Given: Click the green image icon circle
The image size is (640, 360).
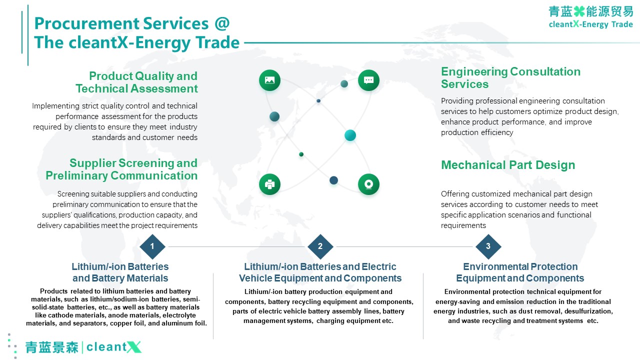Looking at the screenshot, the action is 269,80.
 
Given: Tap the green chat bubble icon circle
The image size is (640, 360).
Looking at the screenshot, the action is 368,80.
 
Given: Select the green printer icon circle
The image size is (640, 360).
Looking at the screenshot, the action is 269,184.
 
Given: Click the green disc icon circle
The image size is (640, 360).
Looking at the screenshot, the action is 368,184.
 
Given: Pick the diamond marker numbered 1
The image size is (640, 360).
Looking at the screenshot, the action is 152,246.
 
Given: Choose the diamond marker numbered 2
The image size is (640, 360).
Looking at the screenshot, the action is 320,246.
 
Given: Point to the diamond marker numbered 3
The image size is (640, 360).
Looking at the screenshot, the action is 488,246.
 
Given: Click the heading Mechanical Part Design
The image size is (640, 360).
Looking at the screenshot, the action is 508,165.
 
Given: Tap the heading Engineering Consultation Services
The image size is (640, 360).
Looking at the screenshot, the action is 510,77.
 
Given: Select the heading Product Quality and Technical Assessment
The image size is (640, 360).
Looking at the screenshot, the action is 136,82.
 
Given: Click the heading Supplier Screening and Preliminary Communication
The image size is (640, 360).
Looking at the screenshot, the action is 121,169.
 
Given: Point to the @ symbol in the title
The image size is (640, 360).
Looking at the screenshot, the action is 222,23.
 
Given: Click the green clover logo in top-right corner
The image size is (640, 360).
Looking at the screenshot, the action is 579,11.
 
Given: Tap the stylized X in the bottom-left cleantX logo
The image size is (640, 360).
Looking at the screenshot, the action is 133,347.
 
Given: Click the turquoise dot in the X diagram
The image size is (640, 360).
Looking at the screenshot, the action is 350,135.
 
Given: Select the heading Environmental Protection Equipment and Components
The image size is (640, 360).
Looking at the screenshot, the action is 520,272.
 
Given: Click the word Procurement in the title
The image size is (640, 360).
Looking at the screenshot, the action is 86,23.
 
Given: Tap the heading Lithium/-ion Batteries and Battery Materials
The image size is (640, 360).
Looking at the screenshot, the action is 120,272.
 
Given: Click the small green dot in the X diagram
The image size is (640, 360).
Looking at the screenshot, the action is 301,154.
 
